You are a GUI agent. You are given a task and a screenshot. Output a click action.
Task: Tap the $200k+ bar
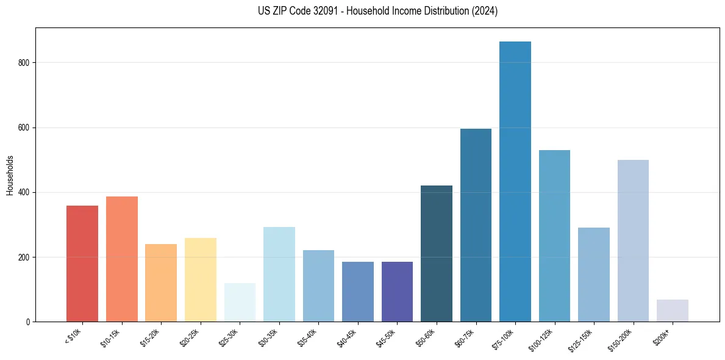click(672, 311)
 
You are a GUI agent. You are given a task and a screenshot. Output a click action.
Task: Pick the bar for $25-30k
click(240, 303)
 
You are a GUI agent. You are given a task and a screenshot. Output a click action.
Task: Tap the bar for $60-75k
click(476, 225)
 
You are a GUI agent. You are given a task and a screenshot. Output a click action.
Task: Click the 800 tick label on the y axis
click(26, 63)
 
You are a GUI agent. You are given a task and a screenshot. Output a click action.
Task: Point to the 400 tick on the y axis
click(26, 192)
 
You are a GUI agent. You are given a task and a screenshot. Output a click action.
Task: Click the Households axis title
click(10, 175)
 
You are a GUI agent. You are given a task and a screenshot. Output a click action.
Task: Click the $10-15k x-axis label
click(111, 337)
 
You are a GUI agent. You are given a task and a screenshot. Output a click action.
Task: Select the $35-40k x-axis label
click(307, 337)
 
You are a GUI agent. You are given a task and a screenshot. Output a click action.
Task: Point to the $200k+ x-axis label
click(662, 336)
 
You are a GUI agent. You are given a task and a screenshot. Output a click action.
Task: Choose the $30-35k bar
click(279, 274)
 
